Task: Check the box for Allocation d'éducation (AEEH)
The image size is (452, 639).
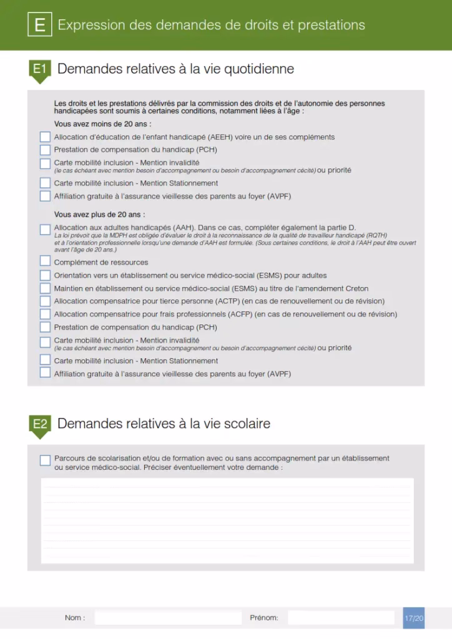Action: (x=45, y=137)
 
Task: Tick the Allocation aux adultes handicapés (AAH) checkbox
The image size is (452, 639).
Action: (x=45, y=230)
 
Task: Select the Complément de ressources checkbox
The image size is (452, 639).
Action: (x=45, y=261)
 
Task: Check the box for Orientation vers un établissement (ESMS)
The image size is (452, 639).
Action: (x=45, y=275)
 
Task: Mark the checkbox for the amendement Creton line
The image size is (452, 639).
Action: (x=45, y=288)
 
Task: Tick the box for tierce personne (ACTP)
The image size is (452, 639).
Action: (x=45, y=301)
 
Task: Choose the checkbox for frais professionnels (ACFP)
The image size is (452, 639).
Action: (x=45, y=315)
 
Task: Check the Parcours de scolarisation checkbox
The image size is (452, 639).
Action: (x=45, y=461)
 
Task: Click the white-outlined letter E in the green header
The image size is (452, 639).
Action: (x=40, y=25)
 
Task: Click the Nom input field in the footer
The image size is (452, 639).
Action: (x=168, y=618)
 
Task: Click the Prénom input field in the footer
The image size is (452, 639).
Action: (x=341, y=618)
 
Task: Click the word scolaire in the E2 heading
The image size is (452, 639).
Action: (x=245, y=424)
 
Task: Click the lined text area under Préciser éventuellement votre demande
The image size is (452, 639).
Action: (x=227, y=520)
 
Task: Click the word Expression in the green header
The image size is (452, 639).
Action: (x=91, y=25)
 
